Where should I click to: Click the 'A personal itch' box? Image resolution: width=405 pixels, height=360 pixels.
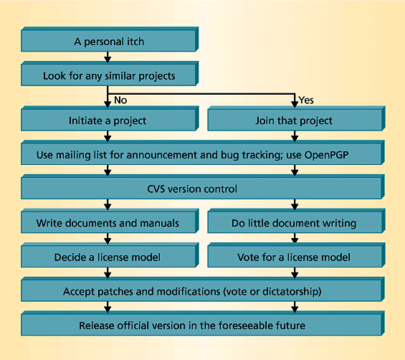pos(110,39)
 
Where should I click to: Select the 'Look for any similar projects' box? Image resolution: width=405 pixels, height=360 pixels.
pos(110,74)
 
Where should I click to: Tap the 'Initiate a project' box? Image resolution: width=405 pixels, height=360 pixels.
pos(110,118)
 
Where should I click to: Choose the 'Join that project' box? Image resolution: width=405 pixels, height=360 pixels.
pos(296,118)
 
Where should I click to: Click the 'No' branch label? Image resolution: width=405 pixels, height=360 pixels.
pos(120,100)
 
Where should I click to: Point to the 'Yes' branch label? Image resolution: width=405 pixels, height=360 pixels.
pos(306,100)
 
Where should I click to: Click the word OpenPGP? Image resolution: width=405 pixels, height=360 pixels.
pos(326,155)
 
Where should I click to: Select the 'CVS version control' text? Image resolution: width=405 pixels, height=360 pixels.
pos(192,189)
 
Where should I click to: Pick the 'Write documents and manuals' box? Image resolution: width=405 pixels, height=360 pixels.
pos(110,221)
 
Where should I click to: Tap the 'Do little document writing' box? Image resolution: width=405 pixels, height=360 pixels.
pos(296,221)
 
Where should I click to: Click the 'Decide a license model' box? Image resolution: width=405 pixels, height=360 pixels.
pos(110,255)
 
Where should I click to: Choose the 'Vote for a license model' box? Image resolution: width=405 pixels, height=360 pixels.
pos(296,255)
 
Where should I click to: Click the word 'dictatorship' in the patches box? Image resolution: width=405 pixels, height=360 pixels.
pos(290,292)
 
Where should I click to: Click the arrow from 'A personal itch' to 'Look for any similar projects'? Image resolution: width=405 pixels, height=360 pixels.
pos(108,57)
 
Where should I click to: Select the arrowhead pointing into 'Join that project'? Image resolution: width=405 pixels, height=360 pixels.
pos(295,104)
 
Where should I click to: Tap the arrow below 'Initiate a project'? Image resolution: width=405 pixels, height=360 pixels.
pos(108,136)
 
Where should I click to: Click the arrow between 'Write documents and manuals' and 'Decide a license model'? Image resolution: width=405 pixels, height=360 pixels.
pos(108,239)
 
